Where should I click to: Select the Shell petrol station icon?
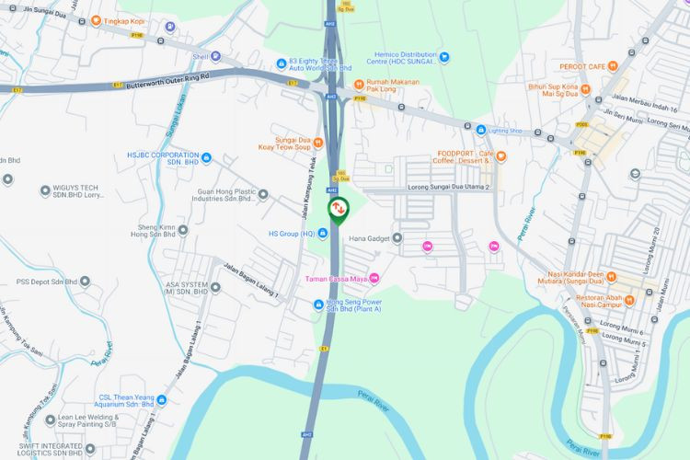[215, 56]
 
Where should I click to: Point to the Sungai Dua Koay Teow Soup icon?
[318, 143]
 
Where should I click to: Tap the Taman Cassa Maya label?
[336, 279]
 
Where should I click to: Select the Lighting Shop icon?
[480, 131]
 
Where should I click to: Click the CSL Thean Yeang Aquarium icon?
[161, 400]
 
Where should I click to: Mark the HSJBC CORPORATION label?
[163, 157]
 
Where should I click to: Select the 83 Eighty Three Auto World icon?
[282, 63]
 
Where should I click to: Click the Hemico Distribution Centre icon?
[443, 56]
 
